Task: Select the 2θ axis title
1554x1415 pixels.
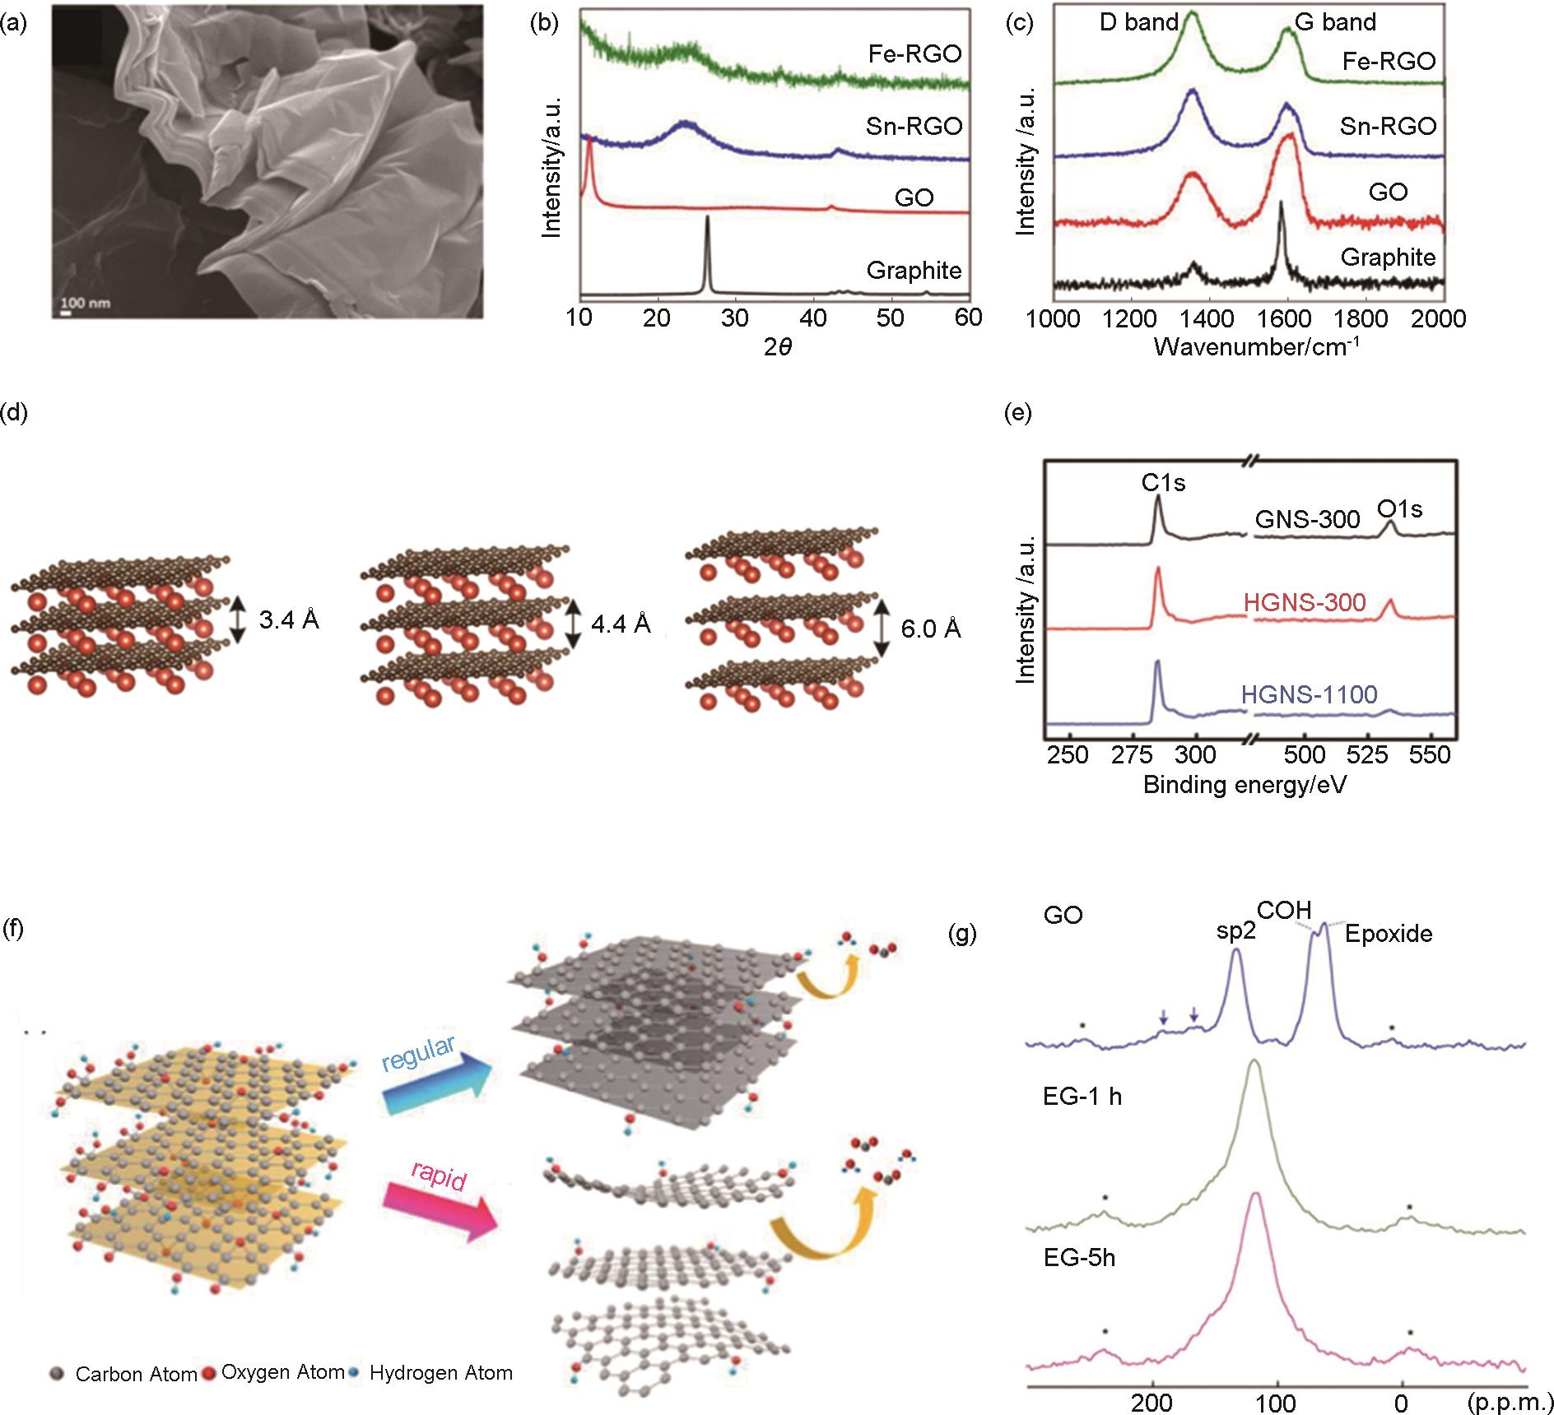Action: (777, 346)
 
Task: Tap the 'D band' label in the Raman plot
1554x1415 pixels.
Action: (1139, 22)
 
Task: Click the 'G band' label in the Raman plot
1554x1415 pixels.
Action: (1335, 22)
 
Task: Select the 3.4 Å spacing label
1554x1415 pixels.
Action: (289, 619)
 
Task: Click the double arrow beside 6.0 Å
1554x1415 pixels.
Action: (882, 628)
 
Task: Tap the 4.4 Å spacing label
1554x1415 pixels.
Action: (621, 624)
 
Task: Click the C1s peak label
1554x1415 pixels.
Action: (1163, 483)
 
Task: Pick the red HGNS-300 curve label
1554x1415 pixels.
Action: (1305, 603)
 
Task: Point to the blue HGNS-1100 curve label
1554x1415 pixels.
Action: (1309, 695)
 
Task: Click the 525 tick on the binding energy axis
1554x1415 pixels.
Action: (1369, 754)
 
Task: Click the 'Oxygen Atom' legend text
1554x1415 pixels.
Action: (282, 1372)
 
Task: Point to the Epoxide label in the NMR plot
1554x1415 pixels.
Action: (1389, 934)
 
